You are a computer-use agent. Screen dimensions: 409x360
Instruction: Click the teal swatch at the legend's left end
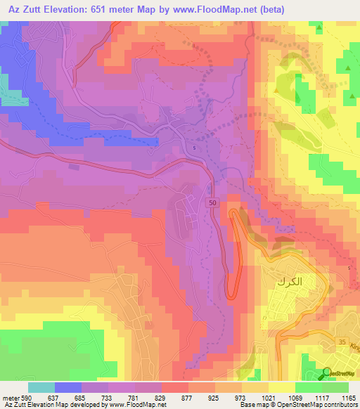41,387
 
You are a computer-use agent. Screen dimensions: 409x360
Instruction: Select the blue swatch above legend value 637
68,387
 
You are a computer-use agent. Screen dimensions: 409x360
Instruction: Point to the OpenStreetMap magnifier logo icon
327,373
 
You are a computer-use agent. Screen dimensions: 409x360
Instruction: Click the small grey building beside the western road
74,167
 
